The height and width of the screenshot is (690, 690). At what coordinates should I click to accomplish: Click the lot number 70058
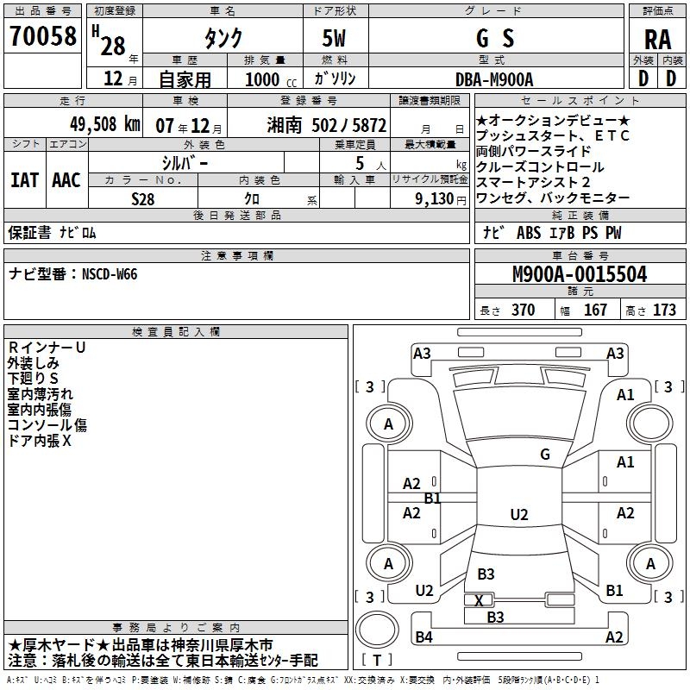tap(42, 36)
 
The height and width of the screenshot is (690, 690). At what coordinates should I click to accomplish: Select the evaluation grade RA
tap(657, 38)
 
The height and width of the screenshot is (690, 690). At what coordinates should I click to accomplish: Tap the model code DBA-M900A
tap(494, 79)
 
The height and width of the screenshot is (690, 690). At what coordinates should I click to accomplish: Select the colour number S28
tap(143, 198)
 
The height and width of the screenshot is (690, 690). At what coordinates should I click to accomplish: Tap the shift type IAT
tap(25, 180)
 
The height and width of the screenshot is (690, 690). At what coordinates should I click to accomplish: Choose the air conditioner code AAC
tap(66, 180)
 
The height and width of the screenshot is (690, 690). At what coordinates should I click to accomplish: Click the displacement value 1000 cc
tap(264, 79)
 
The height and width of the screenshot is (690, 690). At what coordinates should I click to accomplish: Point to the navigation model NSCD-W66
tap(110, 274)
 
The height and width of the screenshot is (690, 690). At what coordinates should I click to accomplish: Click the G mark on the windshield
tap(545, 454)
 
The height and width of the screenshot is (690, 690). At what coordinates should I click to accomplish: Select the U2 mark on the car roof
tap(518, 515)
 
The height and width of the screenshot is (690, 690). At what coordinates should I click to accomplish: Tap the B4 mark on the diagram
tap(423, 637)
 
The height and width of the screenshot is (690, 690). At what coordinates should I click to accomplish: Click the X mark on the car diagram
tap(479, 600)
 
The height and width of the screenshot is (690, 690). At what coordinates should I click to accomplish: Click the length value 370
tap(522, 310)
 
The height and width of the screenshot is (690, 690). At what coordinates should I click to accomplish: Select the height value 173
tap(664, 310)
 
